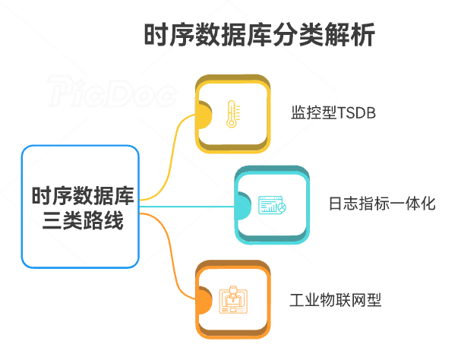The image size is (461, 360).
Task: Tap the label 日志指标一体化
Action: (382, 204)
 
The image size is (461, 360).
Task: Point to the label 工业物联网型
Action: (335, 300)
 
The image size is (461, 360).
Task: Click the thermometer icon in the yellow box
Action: (232, 114)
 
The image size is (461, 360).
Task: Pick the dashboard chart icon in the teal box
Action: (271, 206)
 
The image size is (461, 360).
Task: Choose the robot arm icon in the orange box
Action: (232, 301)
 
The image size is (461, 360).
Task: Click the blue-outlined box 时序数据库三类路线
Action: (80, 207)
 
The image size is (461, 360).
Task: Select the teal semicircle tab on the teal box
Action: (242, 207)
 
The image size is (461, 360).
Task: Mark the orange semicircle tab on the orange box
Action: (203, 301)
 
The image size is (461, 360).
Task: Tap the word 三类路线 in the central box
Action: (80, 223)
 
